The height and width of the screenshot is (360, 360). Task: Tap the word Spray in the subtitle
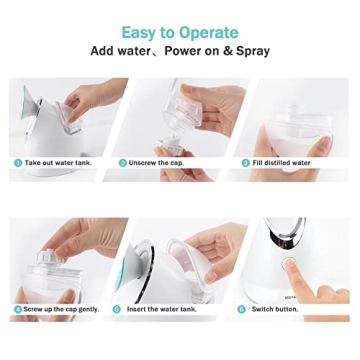(247, 50)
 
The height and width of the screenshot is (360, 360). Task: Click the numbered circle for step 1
(17, 162)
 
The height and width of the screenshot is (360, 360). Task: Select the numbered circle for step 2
(123, 162)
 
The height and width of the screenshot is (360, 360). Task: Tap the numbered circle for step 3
(245, 162)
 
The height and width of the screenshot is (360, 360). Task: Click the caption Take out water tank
(56, 162)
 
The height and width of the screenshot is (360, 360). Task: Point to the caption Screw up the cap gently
(61, 309)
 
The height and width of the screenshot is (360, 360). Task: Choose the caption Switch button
(275, 309)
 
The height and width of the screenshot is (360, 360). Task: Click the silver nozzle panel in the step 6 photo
(292, 236)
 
